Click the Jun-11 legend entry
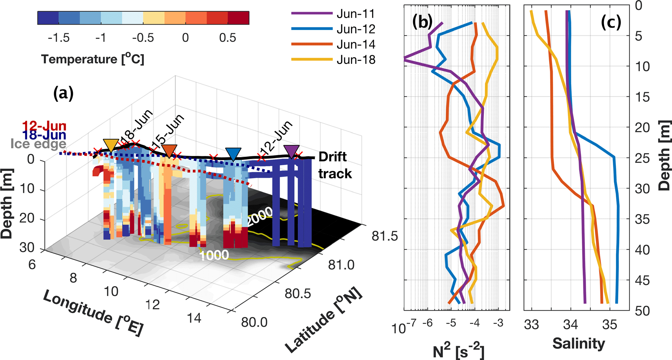pyautogui.click(x=356, y=14)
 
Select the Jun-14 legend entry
pyautogui.click(x=356, y=44)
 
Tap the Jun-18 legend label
pyautogui.click(x=356, y=60)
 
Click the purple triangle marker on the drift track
pyautogui.click(x=291, y=151)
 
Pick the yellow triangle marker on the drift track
pyautogui.click(x=111, y=145)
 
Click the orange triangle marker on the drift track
pyautogui.click(x=169, y=151)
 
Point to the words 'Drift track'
pyautogui.click(x=335, y=165)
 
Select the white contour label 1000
pyautogui.click(x=214, y=255)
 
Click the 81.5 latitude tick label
pyautogui.click(x=385, y=236)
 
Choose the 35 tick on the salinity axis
pyautogui.click(x=609, y=325)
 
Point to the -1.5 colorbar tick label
pyautogui.click(x=59, y=38)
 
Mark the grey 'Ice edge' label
pyautogui.click(x=38, y=143)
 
